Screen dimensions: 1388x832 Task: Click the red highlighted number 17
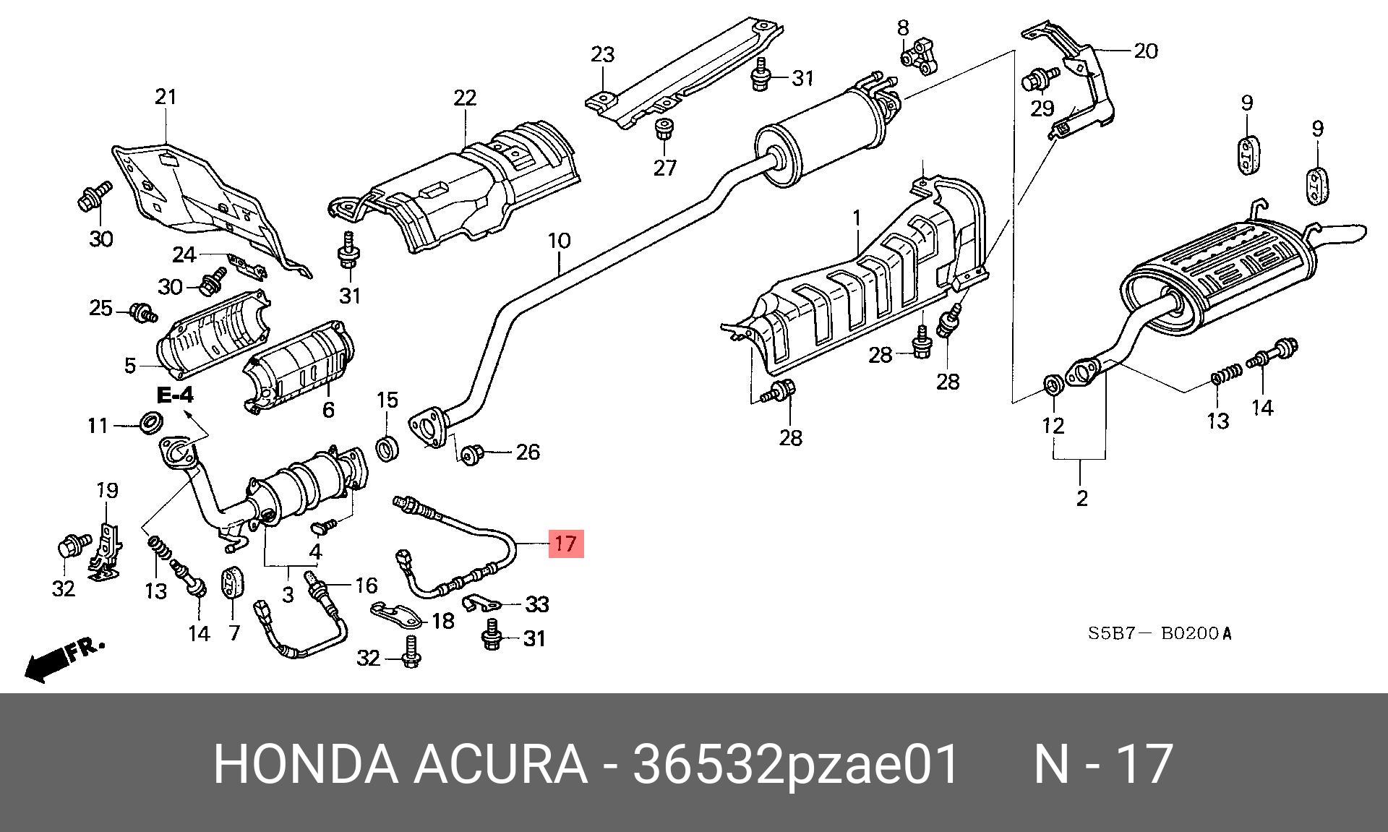tap(565, 543)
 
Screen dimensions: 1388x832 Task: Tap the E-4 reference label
tap(176, 395)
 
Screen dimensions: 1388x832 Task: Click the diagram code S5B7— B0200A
tap(1160, 634)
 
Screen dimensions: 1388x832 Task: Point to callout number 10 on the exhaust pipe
tap(559, 241)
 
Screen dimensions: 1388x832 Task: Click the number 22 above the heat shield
tap(465, 98)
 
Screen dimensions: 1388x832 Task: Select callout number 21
tap(166, 96)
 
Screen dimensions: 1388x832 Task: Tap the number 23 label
tap(602, 54)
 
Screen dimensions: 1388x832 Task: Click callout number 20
tap(1145, 51)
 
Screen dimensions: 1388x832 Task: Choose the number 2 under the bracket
tap(1081, 498)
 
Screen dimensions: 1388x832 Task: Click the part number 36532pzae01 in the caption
tap(795, 763)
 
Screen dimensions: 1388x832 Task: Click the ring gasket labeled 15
tap(388, 448)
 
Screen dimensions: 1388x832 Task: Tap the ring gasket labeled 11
tap(150, 422)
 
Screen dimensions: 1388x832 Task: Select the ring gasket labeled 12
tap(1053, 384)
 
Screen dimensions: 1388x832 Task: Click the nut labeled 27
tap(664, 132)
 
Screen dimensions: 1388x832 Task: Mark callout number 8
tap(902, 28)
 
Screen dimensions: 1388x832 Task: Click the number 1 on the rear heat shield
tap(857, 217)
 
